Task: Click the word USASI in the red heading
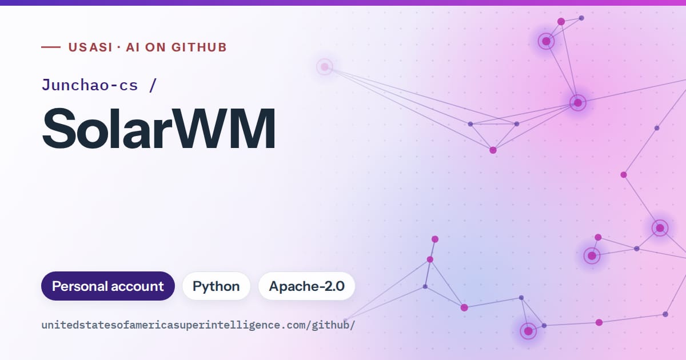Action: tap(91, 47)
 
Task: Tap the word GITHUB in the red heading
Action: tap(199, 47)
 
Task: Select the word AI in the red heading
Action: tap(133, 47)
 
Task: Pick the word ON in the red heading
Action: tap(155, 47)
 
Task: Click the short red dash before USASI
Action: tap(51, 47)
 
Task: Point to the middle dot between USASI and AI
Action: tap(119, 47)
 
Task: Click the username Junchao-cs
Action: tap(90, 85)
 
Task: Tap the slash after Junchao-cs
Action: tap(153, 85)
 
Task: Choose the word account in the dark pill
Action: tap(137, 287)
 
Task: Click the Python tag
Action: tap(216, 286)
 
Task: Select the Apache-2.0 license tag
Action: tap(306, 286)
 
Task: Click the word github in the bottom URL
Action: tap(331, 325)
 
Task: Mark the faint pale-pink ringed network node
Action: tap(325, 66)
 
